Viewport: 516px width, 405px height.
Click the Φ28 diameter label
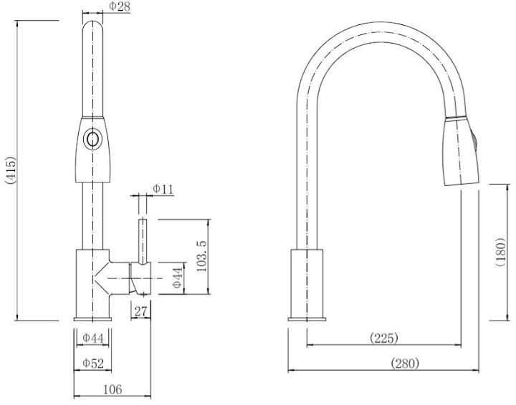pos(119,6)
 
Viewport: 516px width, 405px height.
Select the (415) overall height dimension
pos(9,170)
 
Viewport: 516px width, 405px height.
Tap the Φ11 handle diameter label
pos(163,189)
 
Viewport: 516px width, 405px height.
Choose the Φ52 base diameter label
pos(93,363)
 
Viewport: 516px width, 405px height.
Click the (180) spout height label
pos(502,252)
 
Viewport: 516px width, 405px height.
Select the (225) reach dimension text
pos(384,337)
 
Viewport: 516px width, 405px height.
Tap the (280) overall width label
pos(406,363)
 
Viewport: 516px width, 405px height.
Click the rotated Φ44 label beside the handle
pos(177,278)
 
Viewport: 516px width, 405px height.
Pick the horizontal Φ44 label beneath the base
pos(93,338)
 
